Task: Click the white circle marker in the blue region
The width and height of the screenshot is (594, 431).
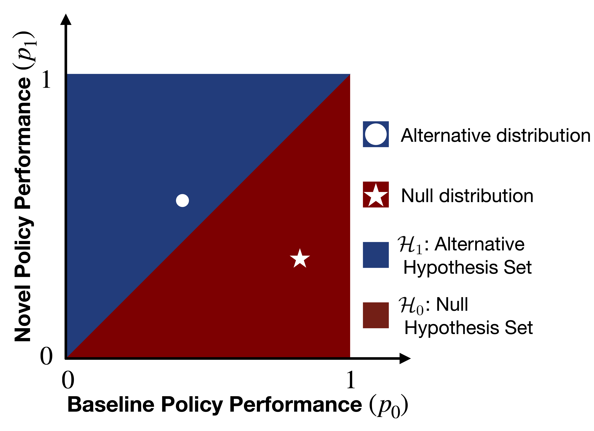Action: click(x=182, y=200)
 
